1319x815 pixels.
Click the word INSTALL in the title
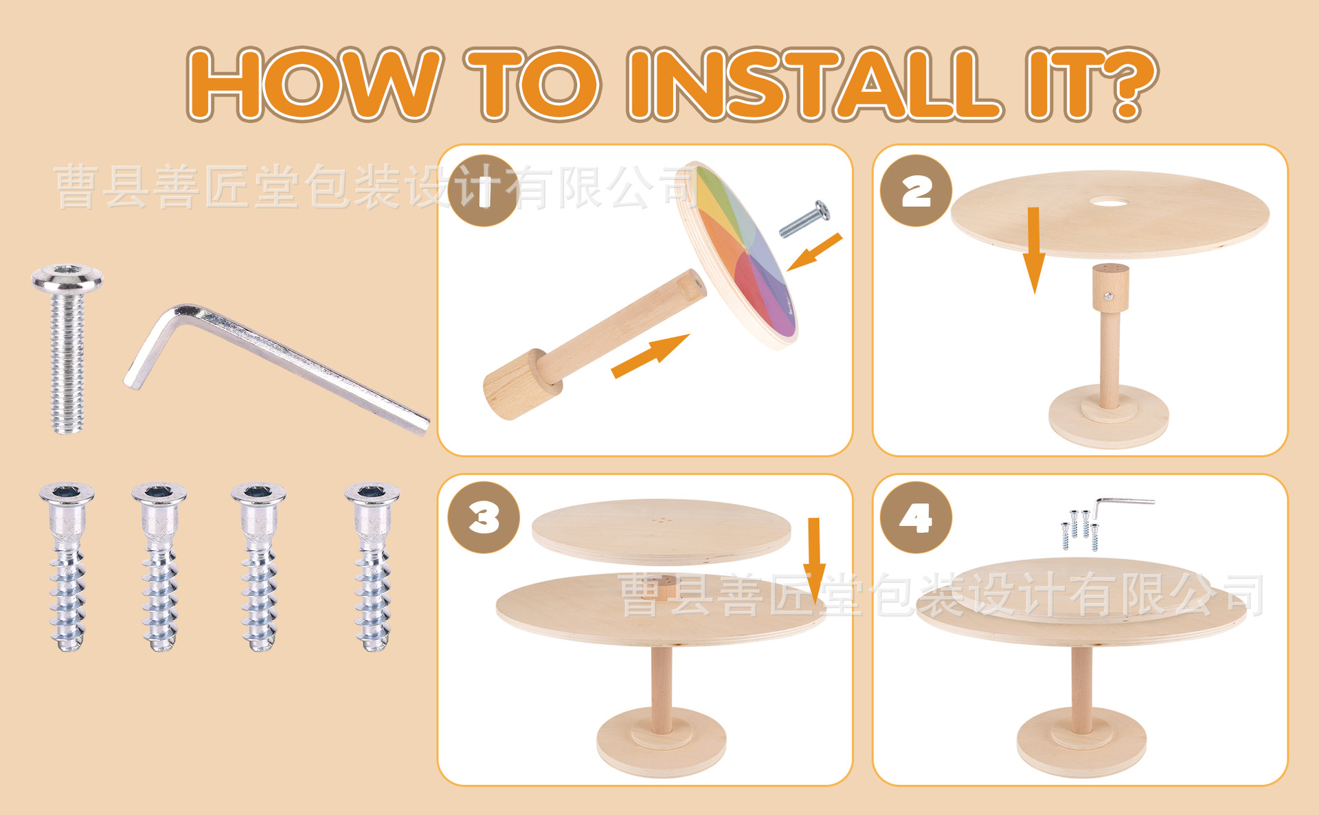(814, 84)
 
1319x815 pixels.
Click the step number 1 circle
(483, 191)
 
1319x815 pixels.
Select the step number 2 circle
(916, 191)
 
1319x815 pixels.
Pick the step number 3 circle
(483, 517)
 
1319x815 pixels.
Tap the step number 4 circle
(916, 517)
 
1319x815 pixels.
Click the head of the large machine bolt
(67, 278)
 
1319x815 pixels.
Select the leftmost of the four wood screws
(67, 566)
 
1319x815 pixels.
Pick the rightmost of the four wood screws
(372, 566)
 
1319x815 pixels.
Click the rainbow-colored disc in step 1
(739, 254)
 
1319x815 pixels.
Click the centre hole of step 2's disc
(1109, 202)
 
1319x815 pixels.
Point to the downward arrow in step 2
(1034, 251)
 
